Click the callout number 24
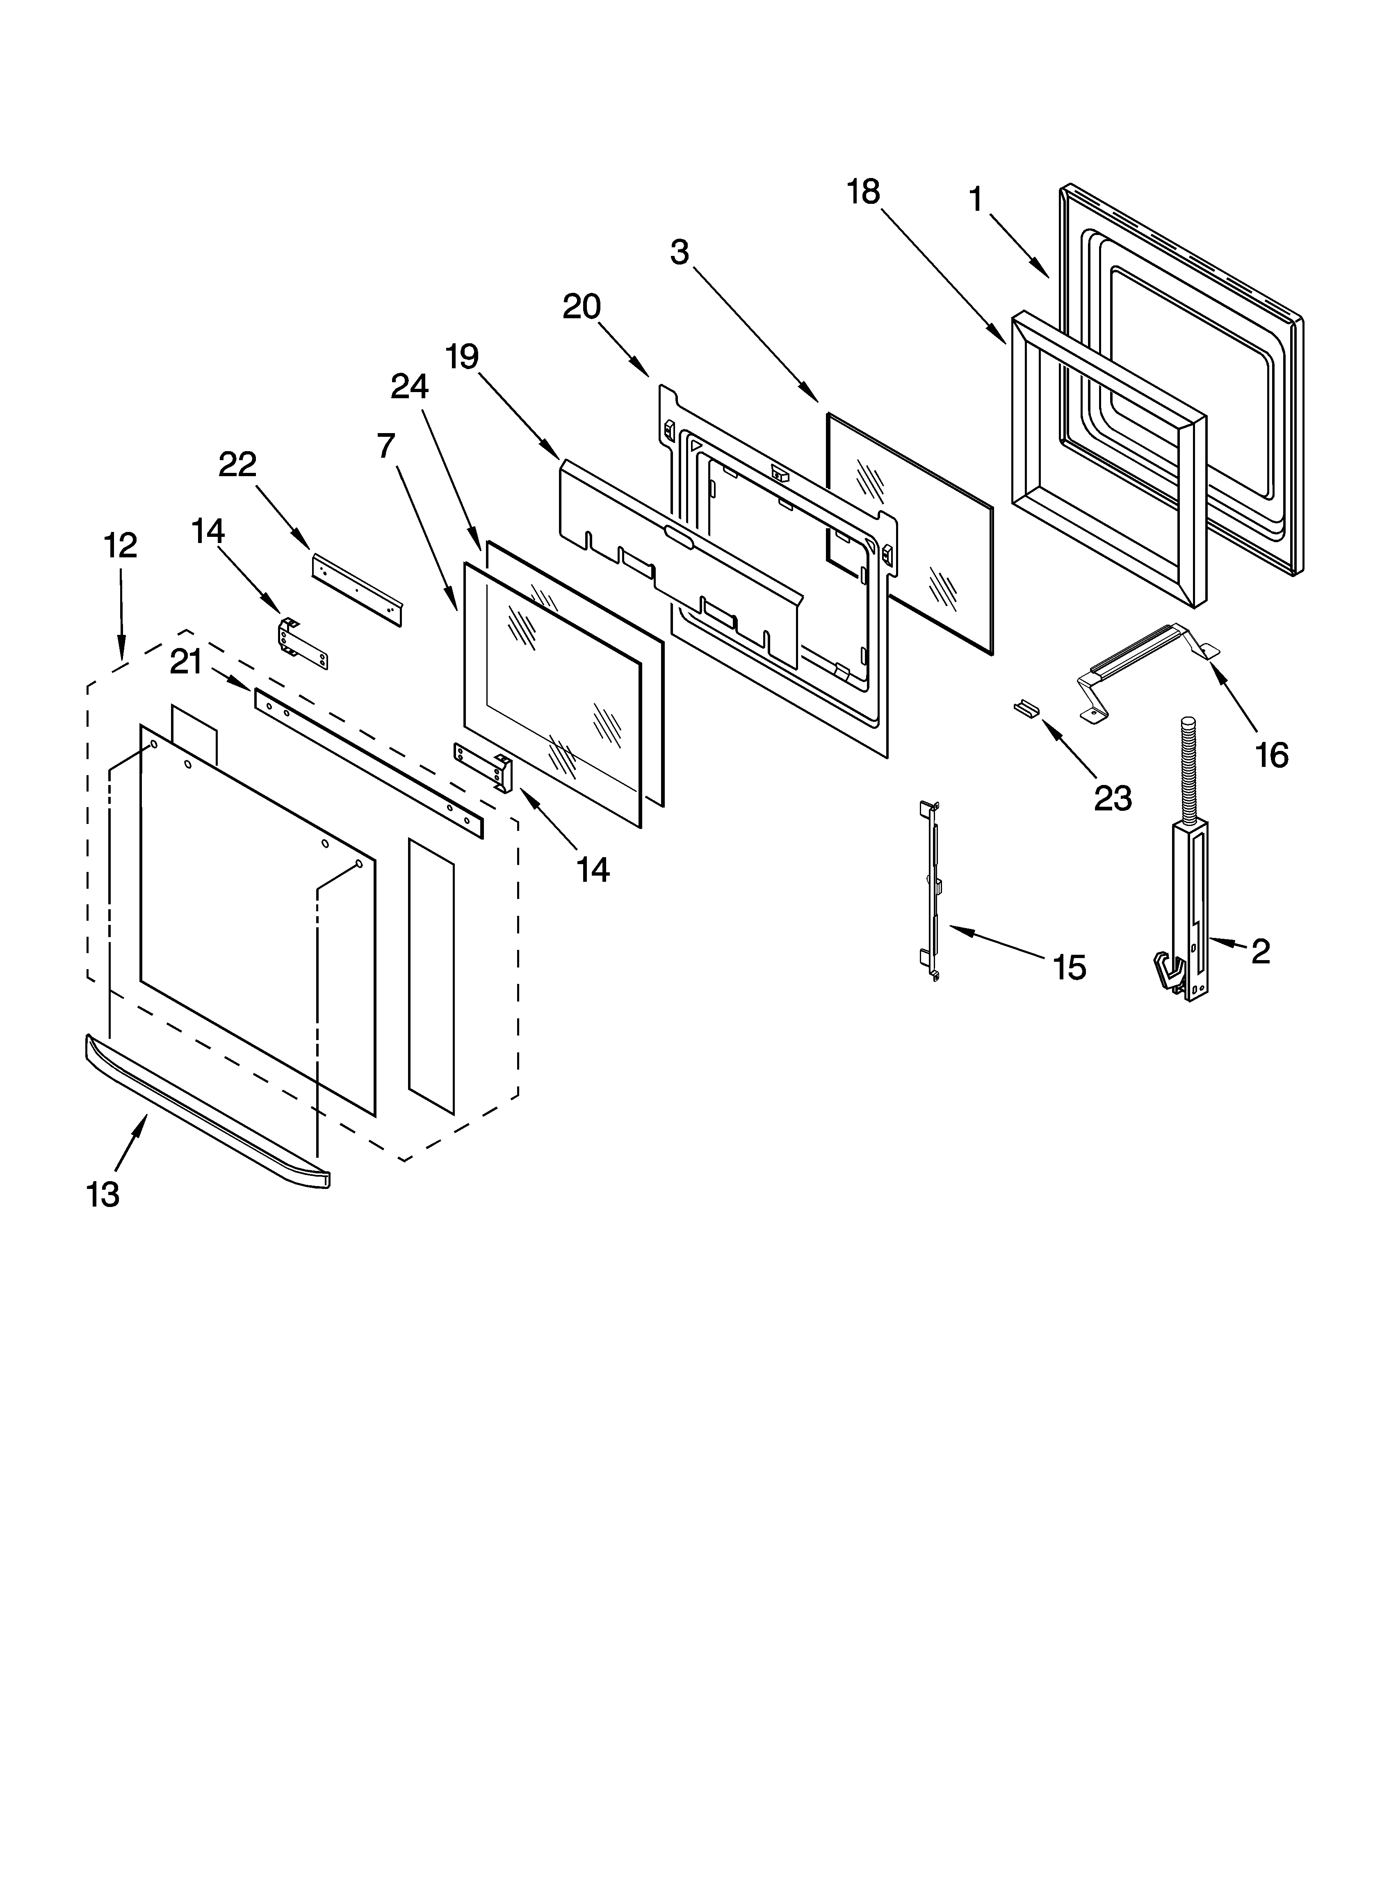(410, 386)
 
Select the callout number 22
(237, 465)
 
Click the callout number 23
(1113, 799)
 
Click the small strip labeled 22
(357, 589)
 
